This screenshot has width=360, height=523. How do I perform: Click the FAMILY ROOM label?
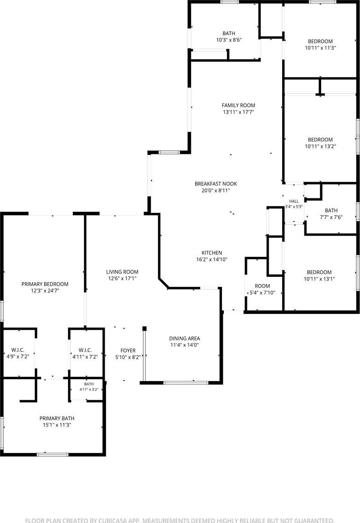(238, 105)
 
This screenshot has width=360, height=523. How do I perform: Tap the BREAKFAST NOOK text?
(215, 184)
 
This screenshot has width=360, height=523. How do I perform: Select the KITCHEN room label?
(212, 253)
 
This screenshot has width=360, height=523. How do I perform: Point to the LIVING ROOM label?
(122, 272)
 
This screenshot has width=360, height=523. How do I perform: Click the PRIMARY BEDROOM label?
(45, 284)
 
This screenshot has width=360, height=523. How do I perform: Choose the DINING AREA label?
(184, 338)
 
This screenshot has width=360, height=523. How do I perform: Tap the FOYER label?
(128, 351)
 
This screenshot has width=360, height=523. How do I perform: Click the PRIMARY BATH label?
(57, 418)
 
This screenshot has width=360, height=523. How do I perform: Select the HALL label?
(294, 201)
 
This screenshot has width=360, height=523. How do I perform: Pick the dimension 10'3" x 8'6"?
(229, 40)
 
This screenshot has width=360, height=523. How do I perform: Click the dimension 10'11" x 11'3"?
(320, 48)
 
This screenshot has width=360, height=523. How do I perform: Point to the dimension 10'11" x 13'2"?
(320, 146)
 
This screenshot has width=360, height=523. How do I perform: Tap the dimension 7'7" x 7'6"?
(331, 217)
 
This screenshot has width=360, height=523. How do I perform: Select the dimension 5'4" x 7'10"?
(262, 293)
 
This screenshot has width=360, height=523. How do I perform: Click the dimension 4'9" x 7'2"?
(18, 357)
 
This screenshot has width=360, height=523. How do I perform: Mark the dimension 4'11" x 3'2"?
(88, 389)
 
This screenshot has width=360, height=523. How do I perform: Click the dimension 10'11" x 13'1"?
(319, 279)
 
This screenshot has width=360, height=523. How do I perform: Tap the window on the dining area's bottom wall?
(186, 383)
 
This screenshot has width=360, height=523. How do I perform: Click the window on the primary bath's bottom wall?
(52, 454)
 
